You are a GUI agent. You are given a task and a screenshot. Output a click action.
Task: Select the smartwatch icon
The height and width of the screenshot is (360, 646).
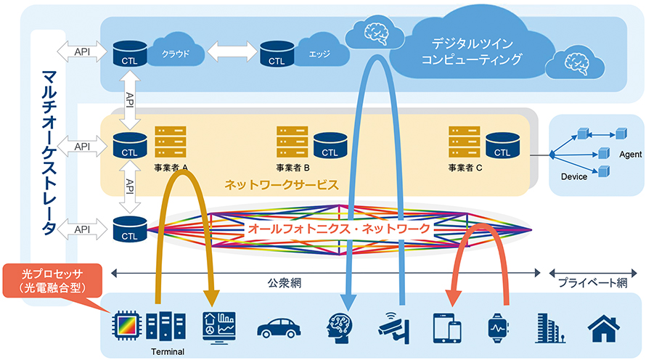tap(499, 327)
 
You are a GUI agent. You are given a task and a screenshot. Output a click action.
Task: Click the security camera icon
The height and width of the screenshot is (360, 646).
tap(393, 327)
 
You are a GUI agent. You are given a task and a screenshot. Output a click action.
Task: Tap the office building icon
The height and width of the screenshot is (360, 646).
tap(550, 327)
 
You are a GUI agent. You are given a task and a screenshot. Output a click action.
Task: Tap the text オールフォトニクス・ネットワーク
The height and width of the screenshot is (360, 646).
tap(338, 228)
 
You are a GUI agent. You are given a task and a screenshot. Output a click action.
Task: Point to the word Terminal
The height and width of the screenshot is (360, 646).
tap(167, 351)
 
